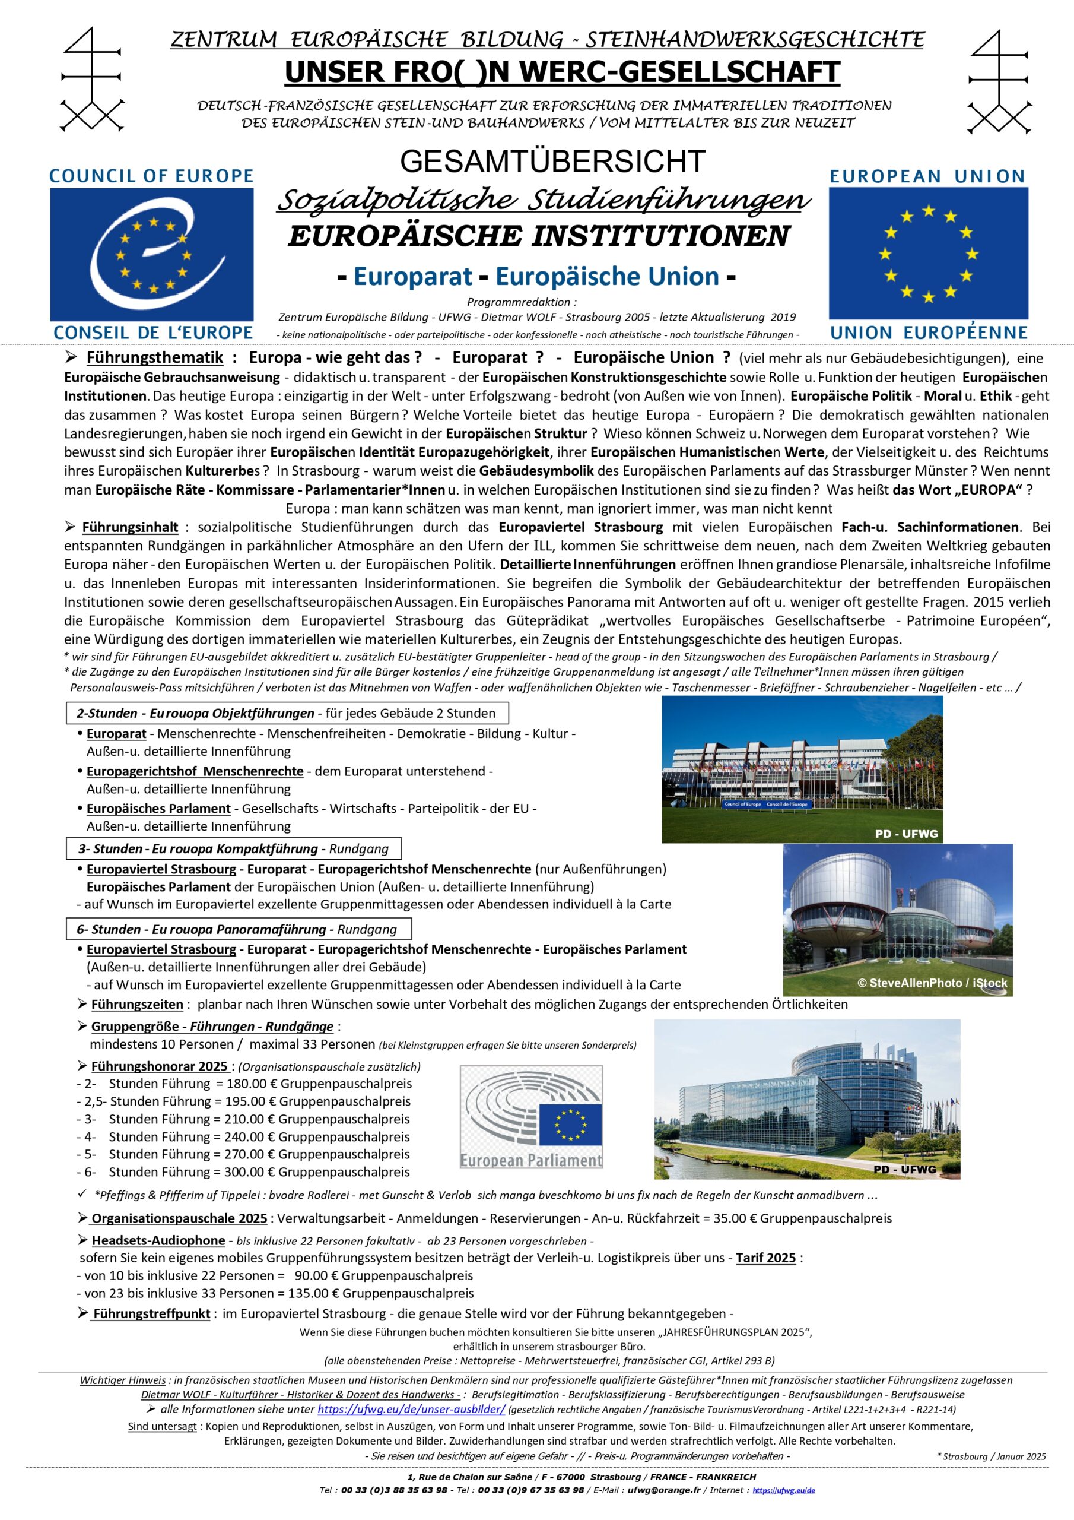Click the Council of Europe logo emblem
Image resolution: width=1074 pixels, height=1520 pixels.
151,254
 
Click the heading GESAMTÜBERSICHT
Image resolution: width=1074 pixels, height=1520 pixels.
552,161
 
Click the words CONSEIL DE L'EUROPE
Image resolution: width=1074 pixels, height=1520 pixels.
153,332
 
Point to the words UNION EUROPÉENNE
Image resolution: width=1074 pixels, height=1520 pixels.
929,332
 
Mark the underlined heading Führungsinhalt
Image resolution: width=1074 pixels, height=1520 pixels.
130,528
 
